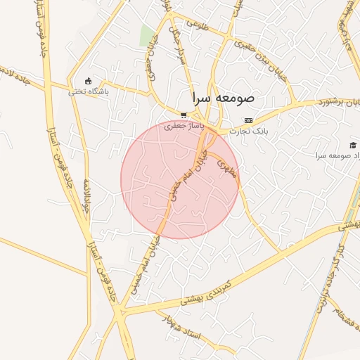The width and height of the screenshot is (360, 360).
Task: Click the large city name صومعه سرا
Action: tap(222, 99)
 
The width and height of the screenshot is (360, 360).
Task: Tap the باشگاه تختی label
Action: tap(88, 91)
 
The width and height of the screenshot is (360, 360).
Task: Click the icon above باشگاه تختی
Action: tap(88, 81)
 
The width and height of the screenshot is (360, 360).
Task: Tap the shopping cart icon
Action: tap(184, 115)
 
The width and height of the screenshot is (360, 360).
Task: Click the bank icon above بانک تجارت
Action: tap(248, 121)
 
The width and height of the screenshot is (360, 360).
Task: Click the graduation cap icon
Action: tap(352, 143)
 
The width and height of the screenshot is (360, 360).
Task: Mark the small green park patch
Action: tap(147, 35)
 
